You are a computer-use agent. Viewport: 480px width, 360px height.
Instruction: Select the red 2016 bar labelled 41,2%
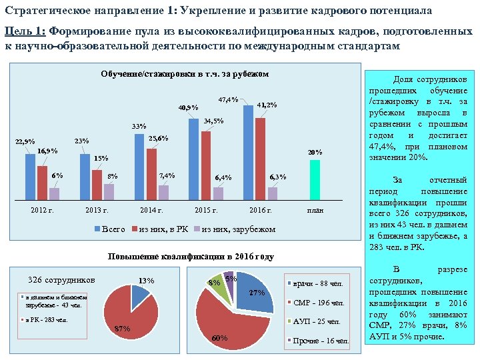coord(260,158)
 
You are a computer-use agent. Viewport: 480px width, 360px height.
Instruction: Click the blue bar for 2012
coord(31,176)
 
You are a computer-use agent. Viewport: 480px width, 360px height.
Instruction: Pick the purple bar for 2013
coord(109,191)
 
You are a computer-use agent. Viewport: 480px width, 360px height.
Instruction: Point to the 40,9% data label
coord(187,107)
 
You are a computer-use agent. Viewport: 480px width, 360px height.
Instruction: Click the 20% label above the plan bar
coord(315,152)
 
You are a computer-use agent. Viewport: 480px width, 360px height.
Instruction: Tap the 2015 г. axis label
coord(205,211)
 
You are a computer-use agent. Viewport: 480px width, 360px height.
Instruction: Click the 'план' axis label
coord(315,211)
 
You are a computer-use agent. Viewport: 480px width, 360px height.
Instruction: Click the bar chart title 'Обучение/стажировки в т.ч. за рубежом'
coord(184,74)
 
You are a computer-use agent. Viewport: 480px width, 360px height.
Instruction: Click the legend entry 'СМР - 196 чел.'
coord(319,303)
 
